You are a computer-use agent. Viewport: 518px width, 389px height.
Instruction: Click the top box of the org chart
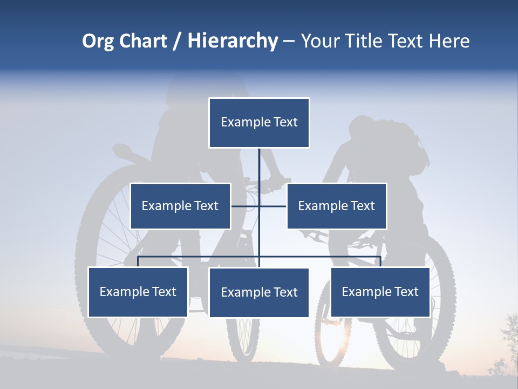(x=259, y=123)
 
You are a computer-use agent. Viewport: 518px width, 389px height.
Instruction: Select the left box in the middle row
(x=180, y=206)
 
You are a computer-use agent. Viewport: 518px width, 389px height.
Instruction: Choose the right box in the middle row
(x=336, y=206)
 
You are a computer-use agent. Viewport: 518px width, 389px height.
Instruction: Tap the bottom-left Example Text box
(x=138, y=292)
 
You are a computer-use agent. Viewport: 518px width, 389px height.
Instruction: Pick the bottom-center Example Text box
(x=259, y=292)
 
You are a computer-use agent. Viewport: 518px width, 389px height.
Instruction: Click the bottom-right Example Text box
(x=380, y=292)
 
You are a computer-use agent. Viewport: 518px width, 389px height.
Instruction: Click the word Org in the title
(x=98, y=41)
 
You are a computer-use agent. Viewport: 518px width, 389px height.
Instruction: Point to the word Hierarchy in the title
(x=233, y=41)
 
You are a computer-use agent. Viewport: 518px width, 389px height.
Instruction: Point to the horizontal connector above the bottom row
(x=200, y=257)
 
